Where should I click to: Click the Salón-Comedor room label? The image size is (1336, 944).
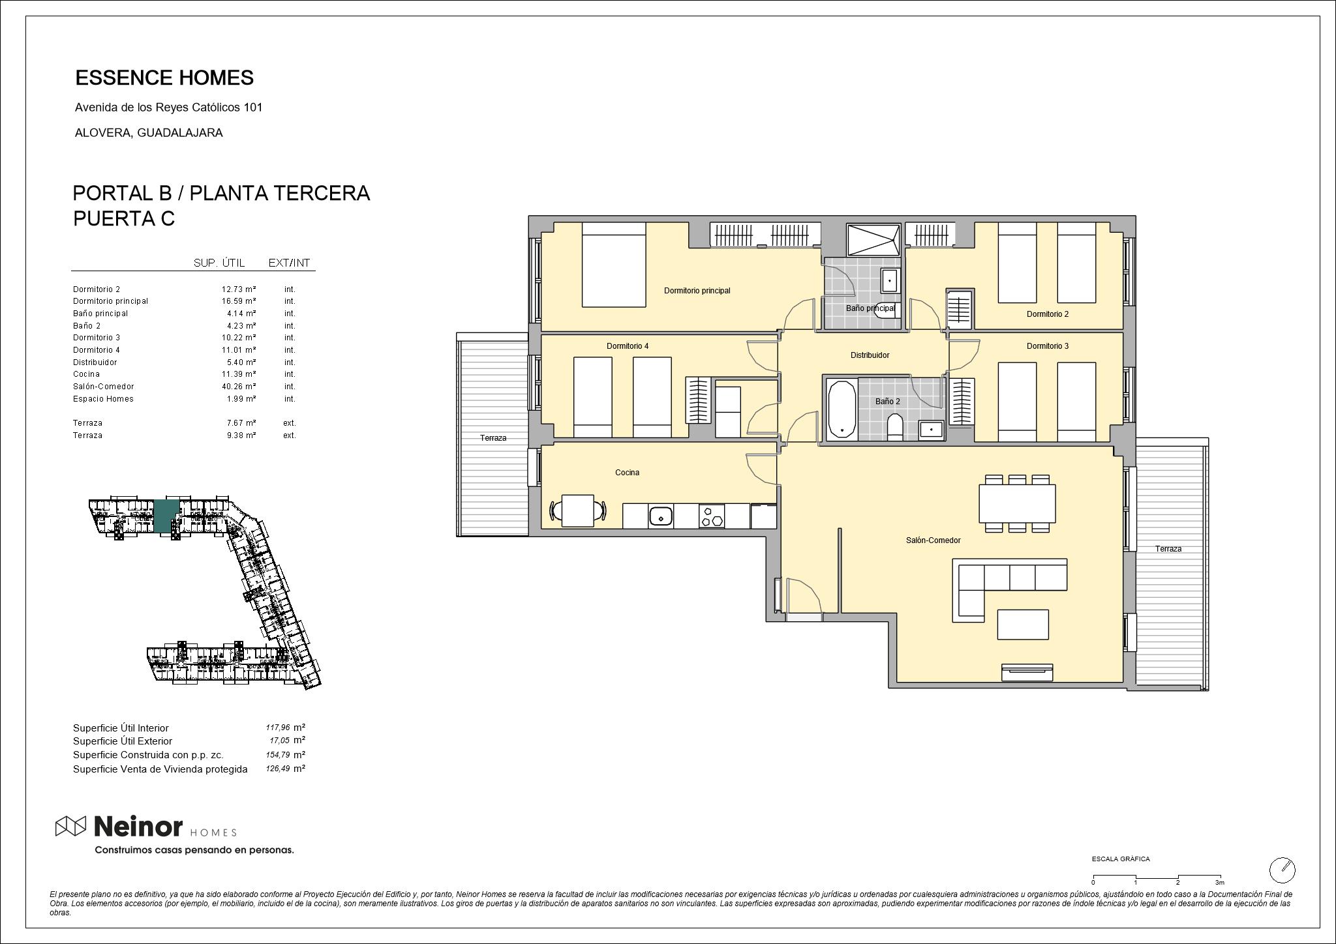coord(933,540)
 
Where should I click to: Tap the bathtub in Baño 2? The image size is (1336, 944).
coord(842,409)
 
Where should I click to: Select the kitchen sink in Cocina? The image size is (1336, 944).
coord(661,516)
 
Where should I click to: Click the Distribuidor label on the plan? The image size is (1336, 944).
coord(870,355)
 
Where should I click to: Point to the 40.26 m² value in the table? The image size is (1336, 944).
coord(238,387)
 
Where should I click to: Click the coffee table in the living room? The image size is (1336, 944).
coord(1023,625)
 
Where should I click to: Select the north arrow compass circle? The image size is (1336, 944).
coord(1282,870)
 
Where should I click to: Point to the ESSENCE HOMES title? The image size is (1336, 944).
coord(164,78)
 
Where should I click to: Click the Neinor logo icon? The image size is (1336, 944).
coord(70,827)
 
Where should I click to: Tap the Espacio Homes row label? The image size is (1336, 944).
coord(103,399)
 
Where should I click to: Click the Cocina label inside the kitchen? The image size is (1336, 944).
coord(627,473)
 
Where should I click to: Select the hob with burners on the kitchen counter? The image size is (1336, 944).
coord(711,516)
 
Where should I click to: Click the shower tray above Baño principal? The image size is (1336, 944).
coord(873,240)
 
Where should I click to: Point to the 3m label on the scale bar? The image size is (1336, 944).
coord(1219,882)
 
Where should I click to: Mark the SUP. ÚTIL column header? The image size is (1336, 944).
coord(219,263)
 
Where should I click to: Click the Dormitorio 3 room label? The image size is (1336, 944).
coord(1048,346)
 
